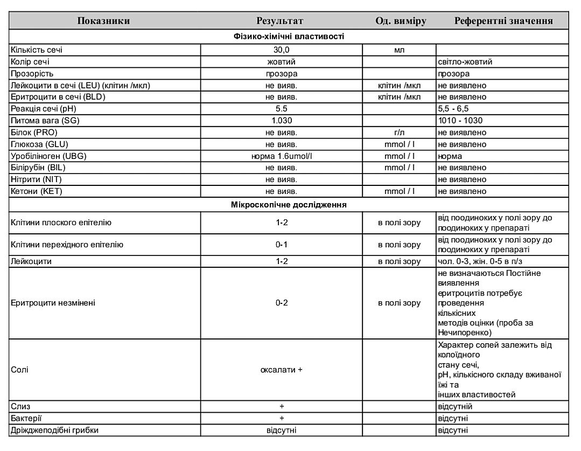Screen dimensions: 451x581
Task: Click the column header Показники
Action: point(103,21)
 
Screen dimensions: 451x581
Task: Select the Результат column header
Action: point(279,21)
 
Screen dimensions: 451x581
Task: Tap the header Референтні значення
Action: point(503,21)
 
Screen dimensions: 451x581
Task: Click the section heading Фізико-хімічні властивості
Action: point(289,37)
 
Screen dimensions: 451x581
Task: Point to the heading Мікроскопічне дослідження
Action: point(289,205)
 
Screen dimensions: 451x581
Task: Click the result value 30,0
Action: point(282,50)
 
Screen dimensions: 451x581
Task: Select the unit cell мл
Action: point(400,50)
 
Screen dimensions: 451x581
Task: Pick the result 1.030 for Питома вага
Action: point(282,121)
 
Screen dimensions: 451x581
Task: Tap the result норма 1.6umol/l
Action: point(282,156)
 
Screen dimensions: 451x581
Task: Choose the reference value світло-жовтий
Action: point(465,61)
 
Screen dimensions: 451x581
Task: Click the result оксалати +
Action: point(282,370)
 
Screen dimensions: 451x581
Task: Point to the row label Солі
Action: point(20,370)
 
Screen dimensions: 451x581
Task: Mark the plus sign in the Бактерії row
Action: point(282,418)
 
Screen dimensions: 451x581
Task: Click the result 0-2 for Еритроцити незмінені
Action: point(282,303)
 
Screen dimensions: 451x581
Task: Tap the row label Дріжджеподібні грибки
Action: point(55,430)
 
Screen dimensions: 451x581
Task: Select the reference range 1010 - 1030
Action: point(460,121)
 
